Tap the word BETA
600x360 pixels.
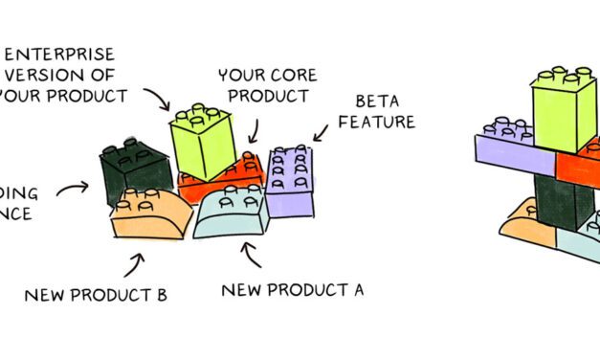pyautogui.click(x=377, y=101)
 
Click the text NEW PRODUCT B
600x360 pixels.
pyautogui.click(x=96, y=294)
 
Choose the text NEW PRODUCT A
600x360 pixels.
pyautogui.click(x=292, y=288)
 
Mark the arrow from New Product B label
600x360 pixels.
pyautogui.click(x=133, y=260)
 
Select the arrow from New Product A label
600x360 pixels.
pyautogui.click(x=252, y=254)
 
